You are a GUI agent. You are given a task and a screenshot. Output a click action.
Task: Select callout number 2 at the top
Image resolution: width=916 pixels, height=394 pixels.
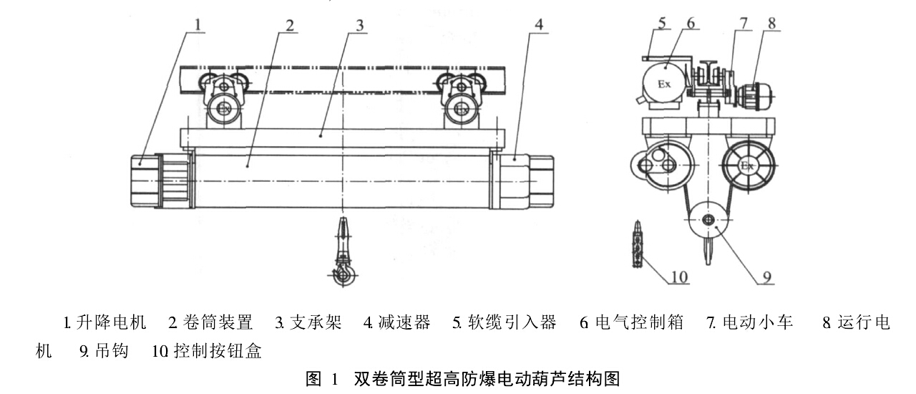(288, 24)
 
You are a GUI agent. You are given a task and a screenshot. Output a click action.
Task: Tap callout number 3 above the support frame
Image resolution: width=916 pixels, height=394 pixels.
(361, 24)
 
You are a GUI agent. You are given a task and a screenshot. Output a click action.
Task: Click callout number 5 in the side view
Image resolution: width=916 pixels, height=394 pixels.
(663, 22)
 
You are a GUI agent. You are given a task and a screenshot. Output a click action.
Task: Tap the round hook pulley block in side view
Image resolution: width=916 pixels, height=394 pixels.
(709, 221)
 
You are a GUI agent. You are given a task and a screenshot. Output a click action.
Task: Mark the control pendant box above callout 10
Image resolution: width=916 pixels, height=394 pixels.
(636, 244)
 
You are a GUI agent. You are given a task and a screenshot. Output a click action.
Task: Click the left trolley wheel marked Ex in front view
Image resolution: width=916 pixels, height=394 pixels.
(226, 109)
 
